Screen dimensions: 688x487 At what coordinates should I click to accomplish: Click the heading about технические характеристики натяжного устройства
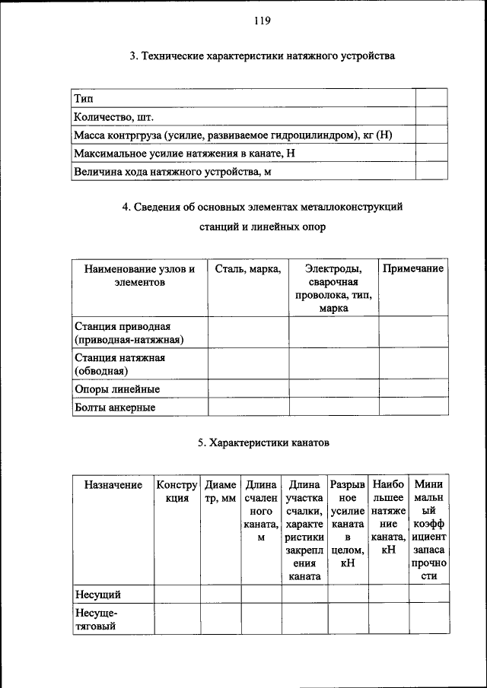[x=262, y=55]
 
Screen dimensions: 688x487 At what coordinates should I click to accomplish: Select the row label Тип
[x=83, y=98]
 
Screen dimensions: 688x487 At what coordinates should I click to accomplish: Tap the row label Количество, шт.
[x=113, y=116]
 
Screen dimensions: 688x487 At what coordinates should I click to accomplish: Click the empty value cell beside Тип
[x=431, y=98]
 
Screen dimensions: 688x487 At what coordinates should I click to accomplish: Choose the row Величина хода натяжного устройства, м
[x=172, y=172]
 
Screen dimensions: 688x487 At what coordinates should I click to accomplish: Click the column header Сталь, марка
[x=248, y=268]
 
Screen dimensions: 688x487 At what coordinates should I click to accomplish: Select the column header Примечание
[x=413, y=268]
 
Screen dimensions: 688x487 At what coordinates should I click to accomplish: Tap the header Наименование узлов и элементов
[x=140, y=274]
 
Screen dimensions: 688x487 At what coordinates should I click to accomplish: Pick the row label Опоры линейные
[x=116, y=388]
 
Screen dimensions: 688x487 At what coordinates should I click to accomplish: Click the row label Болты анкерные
[x=115, y=407]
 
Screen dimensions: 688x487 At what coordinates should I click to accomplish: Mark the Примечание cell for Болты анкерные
[x=413, y=407]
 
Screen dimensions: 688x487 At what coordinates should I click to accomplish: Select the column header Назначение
[x=113, y=484]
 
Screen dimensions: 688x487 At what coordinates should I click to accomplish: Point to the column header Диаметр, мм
[x=221, y=491]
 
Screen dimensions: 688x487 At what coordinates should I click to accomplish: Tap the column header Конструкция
[x=177, y=491]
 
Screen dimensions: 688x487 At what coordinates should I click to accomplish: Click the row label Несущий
[x=97, y=594]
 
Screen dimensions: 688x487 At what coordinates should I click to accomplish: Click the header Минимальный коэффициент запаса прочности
[x=428, y=530]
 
